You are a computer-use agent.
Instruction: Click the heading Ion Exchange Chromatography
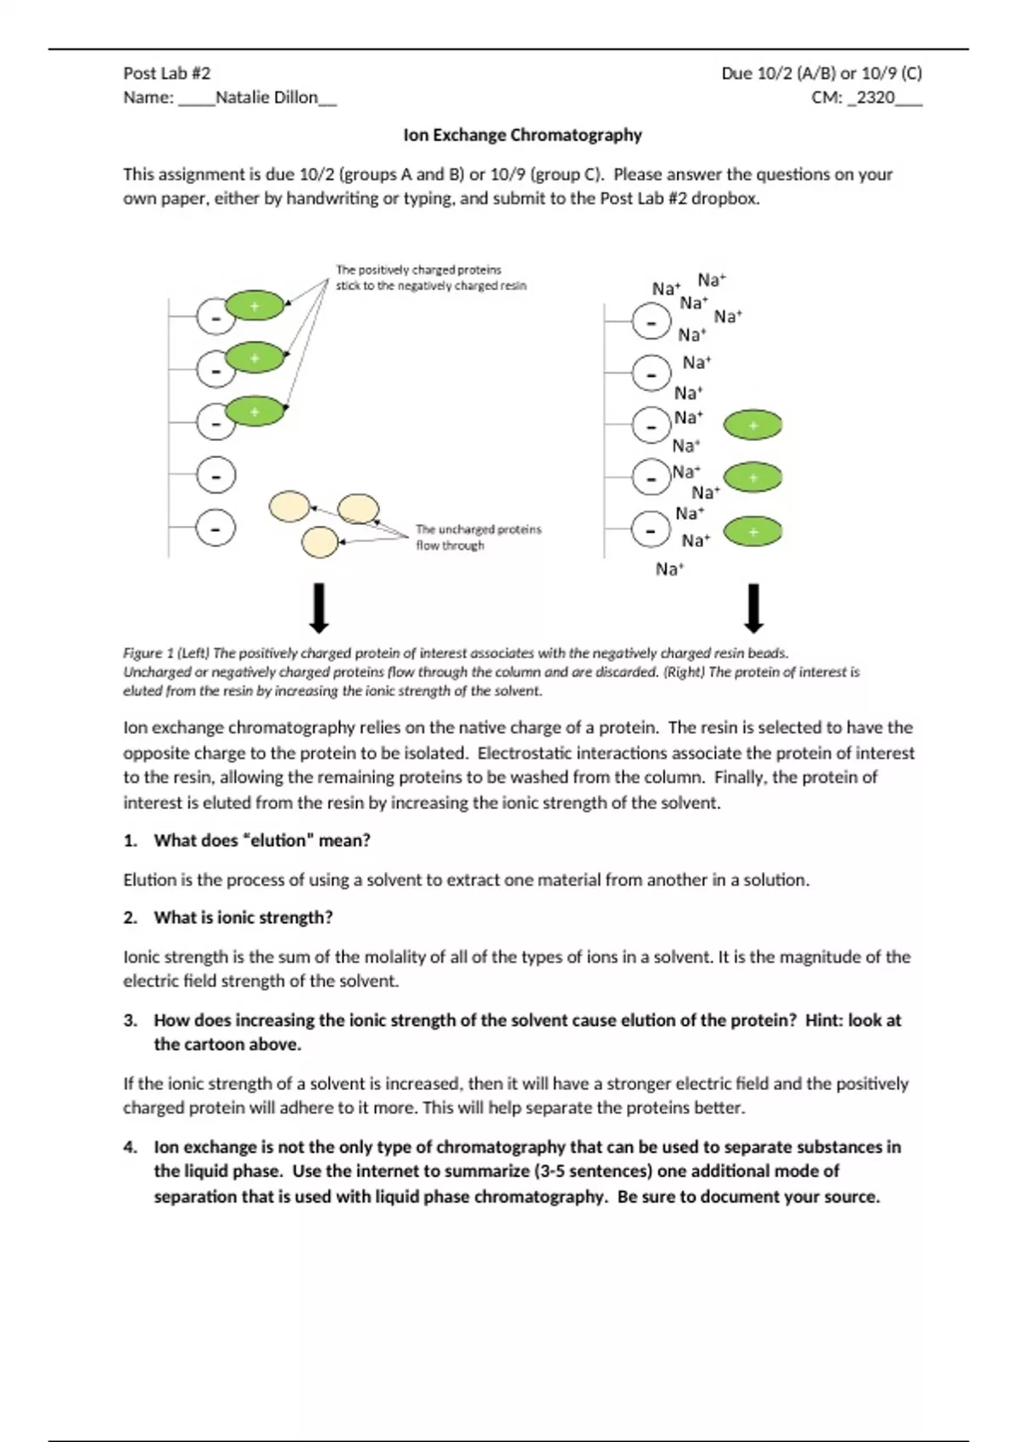523,135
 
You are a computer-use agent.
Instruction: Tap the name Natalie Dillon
266,98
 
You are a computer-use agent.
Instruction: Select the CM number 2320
875,98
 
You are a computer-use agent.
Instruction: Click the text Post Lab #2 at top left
167,73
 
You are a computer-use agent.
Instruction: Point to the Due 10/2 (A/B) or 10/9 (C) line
821,73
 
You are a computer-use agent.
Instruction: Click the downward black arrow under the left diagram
319,608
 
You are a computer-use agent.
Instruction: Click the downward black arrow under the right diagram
753,608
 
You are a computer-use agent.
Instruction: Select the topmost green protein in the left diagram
255,305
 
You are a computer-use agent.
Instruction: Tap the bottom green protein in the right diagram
753,532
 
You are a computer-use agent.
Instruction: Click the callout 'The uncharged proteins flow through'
478,537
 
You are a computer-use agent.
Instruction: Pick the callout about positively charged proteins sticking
431,277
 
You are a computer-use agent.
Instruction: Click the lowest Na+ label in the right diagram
669,569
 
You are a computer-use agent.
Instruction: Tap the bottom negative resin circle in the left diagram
216,528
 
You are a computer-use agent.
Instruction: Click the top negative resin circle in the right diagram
652,322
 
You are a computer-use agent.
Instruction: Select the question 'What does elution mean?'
262,841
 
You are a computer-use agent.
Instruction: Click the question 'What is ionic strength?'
243,918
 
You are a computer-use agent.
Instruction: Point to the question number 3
130,1020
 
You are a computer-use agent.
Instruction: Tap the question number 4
130,1148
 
